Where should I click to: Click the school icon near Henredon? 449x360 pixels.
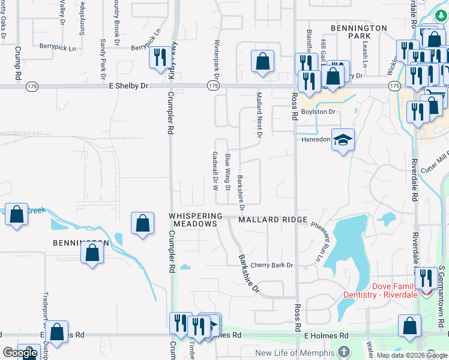tap(343, 140)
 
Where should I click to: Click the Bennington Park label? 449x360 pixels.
tap(358, 32)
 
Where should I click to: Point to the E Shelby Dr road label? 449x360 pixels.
tap(128, 86)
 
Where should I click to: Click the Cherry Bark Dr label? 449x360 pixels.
tap(271, 265)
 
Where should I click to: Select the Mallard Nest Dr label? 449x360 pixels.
tap(259, 115)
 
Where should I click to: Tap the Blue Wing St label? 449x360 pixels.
tap(228, 172)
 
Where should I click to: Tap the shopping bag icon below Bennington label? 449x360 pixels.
tap(92, 252)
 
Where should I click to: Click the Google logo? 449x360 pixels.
tap(19, 353)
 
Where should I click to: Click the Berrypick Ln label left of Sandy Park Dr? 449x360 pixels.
tap(58, 47)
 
